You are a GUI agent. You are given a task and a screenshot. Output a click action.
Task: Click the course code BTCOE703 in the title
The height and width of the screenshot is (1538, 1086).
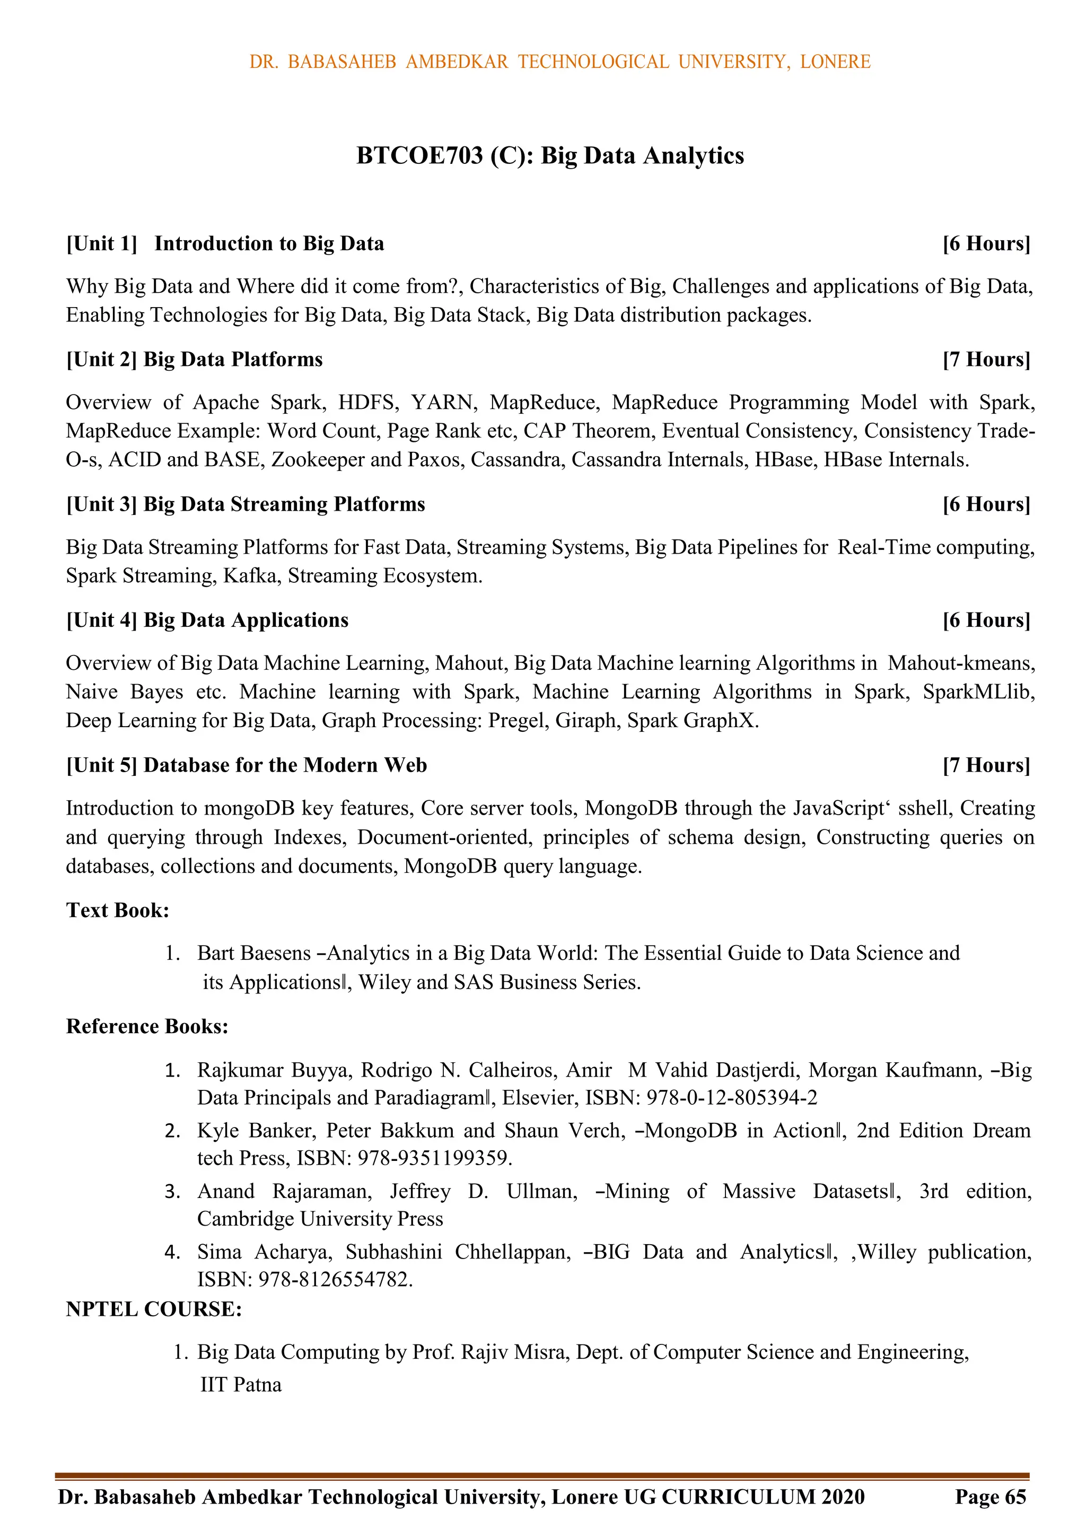pyautogui.click(x=419, y=155)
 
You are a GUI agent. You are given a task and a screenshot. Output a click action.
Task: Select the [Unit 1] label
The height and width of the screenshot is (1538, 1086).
pyautogui.click(x=101, y=244)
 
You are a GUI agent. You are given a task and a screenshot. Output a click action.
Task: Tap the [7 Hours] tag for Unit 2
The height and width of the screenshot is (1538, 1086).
pyautogui.click(x=985, y=360)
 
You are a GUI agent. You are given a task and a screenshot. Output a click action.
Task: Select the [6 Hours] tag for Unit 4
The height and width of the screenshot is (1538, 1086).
pyautogui.click(x=985, y=621)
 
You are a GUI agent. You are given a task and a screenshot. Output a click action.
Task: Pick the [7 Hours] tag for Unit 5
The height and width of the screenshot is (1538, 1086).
pyautogui.click(x=985, y=766)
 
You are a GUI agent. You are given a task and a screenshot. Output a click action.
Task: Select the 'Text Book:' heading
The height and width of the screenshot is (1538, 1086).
pyautogui.click(x=118, y=911)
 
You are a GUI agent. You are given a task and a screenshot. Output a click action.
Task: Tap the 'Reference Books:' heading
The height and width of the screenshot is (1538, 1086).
pyautogui.click(x=147, y=1026)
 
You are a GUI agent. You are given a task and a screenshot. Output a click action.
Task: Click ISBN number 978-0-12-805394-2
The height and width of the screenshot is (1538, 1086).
pyautogui.click(x=732, y=1098)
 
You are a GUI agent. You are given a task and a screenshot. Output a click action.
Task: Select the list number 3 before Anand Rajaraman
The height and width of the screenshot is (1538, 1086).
pyautogui.click(x=172, y=1192)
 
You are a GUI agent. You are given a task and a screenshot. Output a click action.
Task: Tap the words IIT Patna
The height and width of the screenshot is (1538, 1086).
pyautogui.click(x=241, y=1385)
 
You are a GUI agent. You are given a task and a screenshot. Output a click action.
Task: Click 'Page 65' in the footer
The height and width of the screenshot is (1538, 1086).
pyautogui.click(x=990, y=1497)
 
